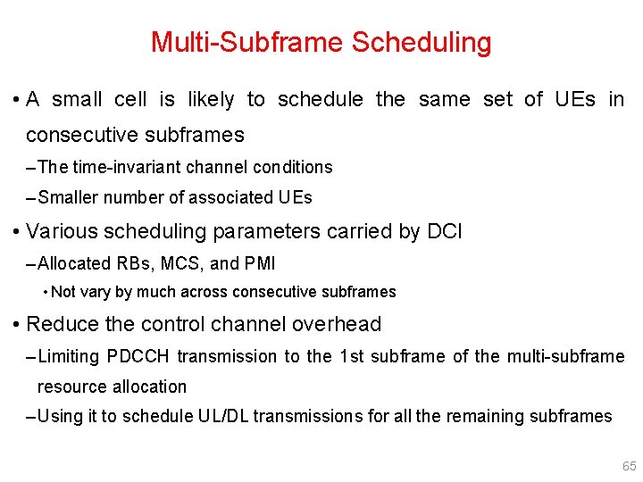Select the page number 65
[x=629, y=466]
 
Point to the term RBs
[x=137, y=263]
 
